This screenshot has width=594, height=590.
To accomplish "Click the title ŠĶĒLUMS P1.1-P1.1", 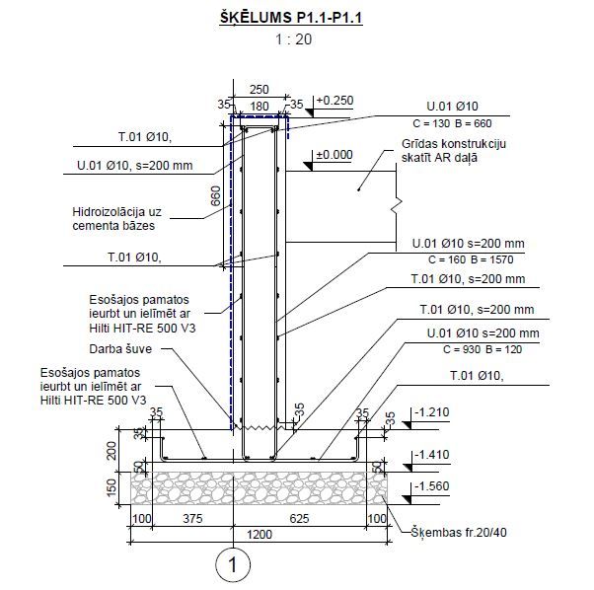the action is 291,18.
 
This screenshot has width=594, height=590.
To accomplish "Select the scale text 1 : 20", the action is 294,39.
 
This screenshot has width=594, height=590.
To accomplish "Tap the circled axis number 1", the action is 233,564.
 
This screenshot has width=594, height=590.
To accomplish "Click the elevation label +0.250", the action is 334,101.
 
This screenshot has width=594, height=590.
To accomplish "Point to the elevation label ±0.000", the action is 334,155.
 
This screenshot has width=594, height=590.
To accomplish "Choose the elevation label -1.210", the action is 432,412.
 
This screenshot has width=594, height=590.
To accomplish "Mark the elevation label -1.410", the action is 432,455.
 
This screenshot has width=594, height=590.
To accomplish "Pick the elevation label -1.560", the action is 432,485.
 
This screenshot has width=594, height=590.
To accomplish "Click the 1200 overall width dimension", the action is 260,535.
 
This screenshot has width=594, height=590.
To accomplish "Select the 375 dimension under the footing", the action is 192,518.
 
